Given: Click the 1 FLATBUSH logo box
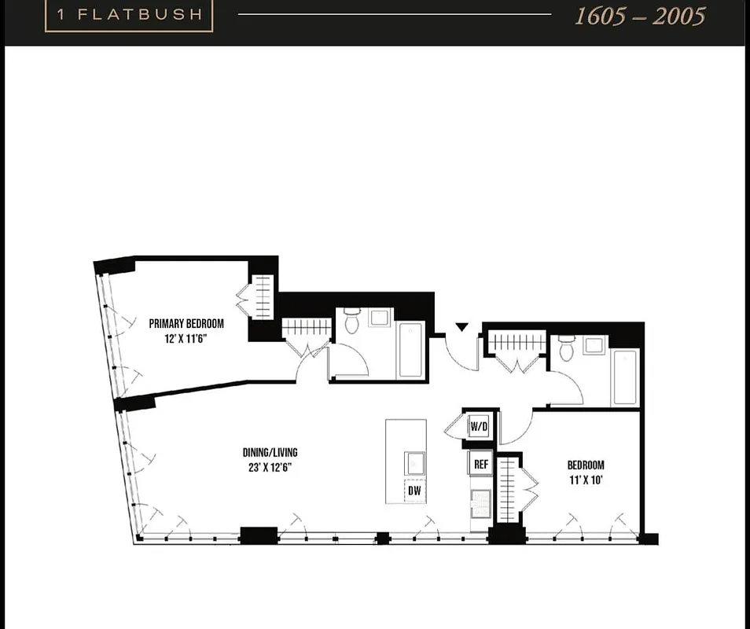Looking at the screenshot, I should (x=129, y=15).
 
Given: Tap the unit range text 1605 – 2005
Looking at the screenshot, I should (x=639, y=17).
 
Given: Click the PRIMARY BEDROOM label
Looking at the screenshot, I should (x=186, y=323).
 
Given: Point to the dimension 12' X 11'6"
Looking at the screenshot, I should (x=186, y=338).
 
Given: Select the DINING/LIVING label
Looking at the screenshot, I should (x=270, y=452).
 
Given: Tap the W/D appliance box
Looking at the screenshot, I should (x=479, y=427).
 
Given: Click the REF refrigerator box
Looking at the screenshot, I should (x=480, y=464).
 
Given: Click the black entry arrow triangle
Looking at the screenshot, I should (x=461, y=327).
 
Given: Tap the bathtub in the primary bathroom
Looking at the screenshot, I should (x=411, y=349).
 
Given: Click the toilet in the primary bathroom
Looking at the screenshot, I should (x=352, y=321).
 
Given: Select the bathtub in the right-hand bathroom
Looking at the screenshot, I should (x=625, y=377).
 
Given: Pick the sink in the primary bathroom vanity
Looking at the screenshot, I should (x=380, y=318).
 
